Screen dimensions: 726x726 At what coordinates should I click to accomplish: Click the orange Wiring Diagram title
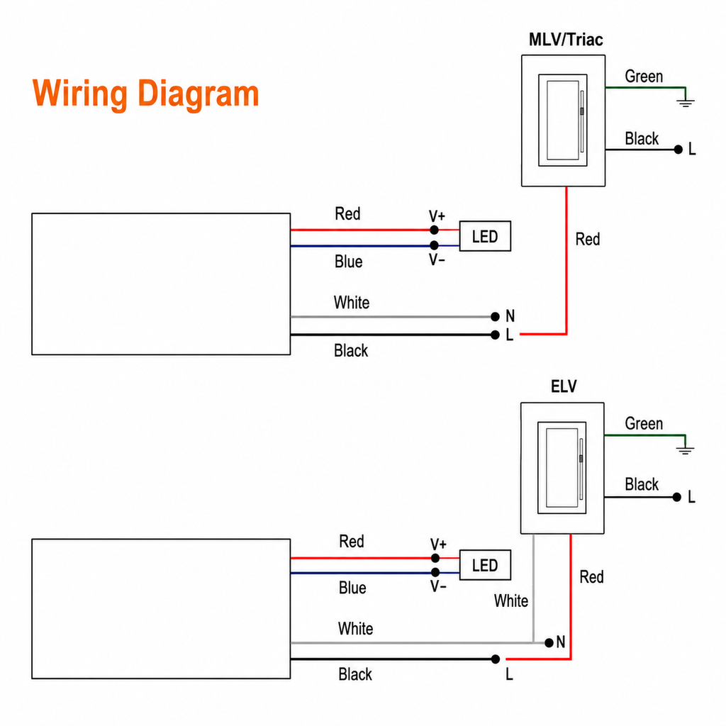point(145,94)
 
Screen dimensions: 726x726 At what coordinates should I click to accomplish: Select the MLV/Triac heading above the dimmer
point(566,40)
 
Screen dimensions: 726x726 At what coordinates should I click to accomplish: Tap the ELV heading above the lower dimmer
point(564,386)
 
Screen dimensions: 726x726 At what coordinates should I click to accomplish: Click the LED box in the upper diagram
point(485,236)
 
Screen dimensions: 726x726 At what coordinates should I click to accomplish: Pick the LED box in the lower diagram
point(485,565)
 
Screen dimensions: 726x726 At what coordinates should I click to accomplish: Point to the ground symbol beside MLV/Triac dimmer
point(686,102)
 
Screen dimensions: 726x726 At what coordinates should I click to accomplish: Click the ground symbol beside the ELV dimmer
point(685,449)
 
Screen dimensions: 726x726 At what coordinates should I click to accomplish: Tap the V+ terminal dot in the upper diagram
point(434,230)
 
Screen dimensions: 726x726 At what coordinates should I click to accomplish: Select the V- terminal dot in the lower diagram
point(435,573)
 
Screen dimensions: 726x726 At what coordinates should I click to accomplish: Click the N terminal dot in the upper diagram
point(495,317)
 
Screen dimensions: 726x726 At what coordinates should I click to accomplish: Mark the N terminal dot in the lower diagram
point(549,642)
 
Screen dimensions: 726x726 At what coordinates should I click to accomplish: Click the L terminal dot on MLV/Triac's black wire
point(678,150)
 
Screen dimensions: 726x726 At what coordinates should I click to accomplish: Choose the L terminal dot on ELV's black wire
point(677,497)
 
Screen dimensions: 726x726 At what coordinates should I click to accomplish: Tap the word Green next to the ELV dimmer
point(644,424)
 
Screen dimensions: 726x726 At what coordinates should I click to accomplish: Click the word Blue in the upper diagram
point(348,262)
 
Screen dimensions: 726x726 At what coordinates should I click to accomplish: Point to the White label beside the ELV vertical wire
point(510,601)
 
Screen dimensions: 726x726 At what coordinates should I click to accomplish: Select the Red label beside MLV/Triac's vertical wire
point(588,240)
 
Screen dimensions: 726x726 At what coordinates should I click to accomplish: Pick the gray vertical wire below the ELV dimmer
point(533,588)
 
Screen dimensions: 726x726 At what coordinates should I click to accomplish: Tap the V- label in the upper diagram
point(437,259)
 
